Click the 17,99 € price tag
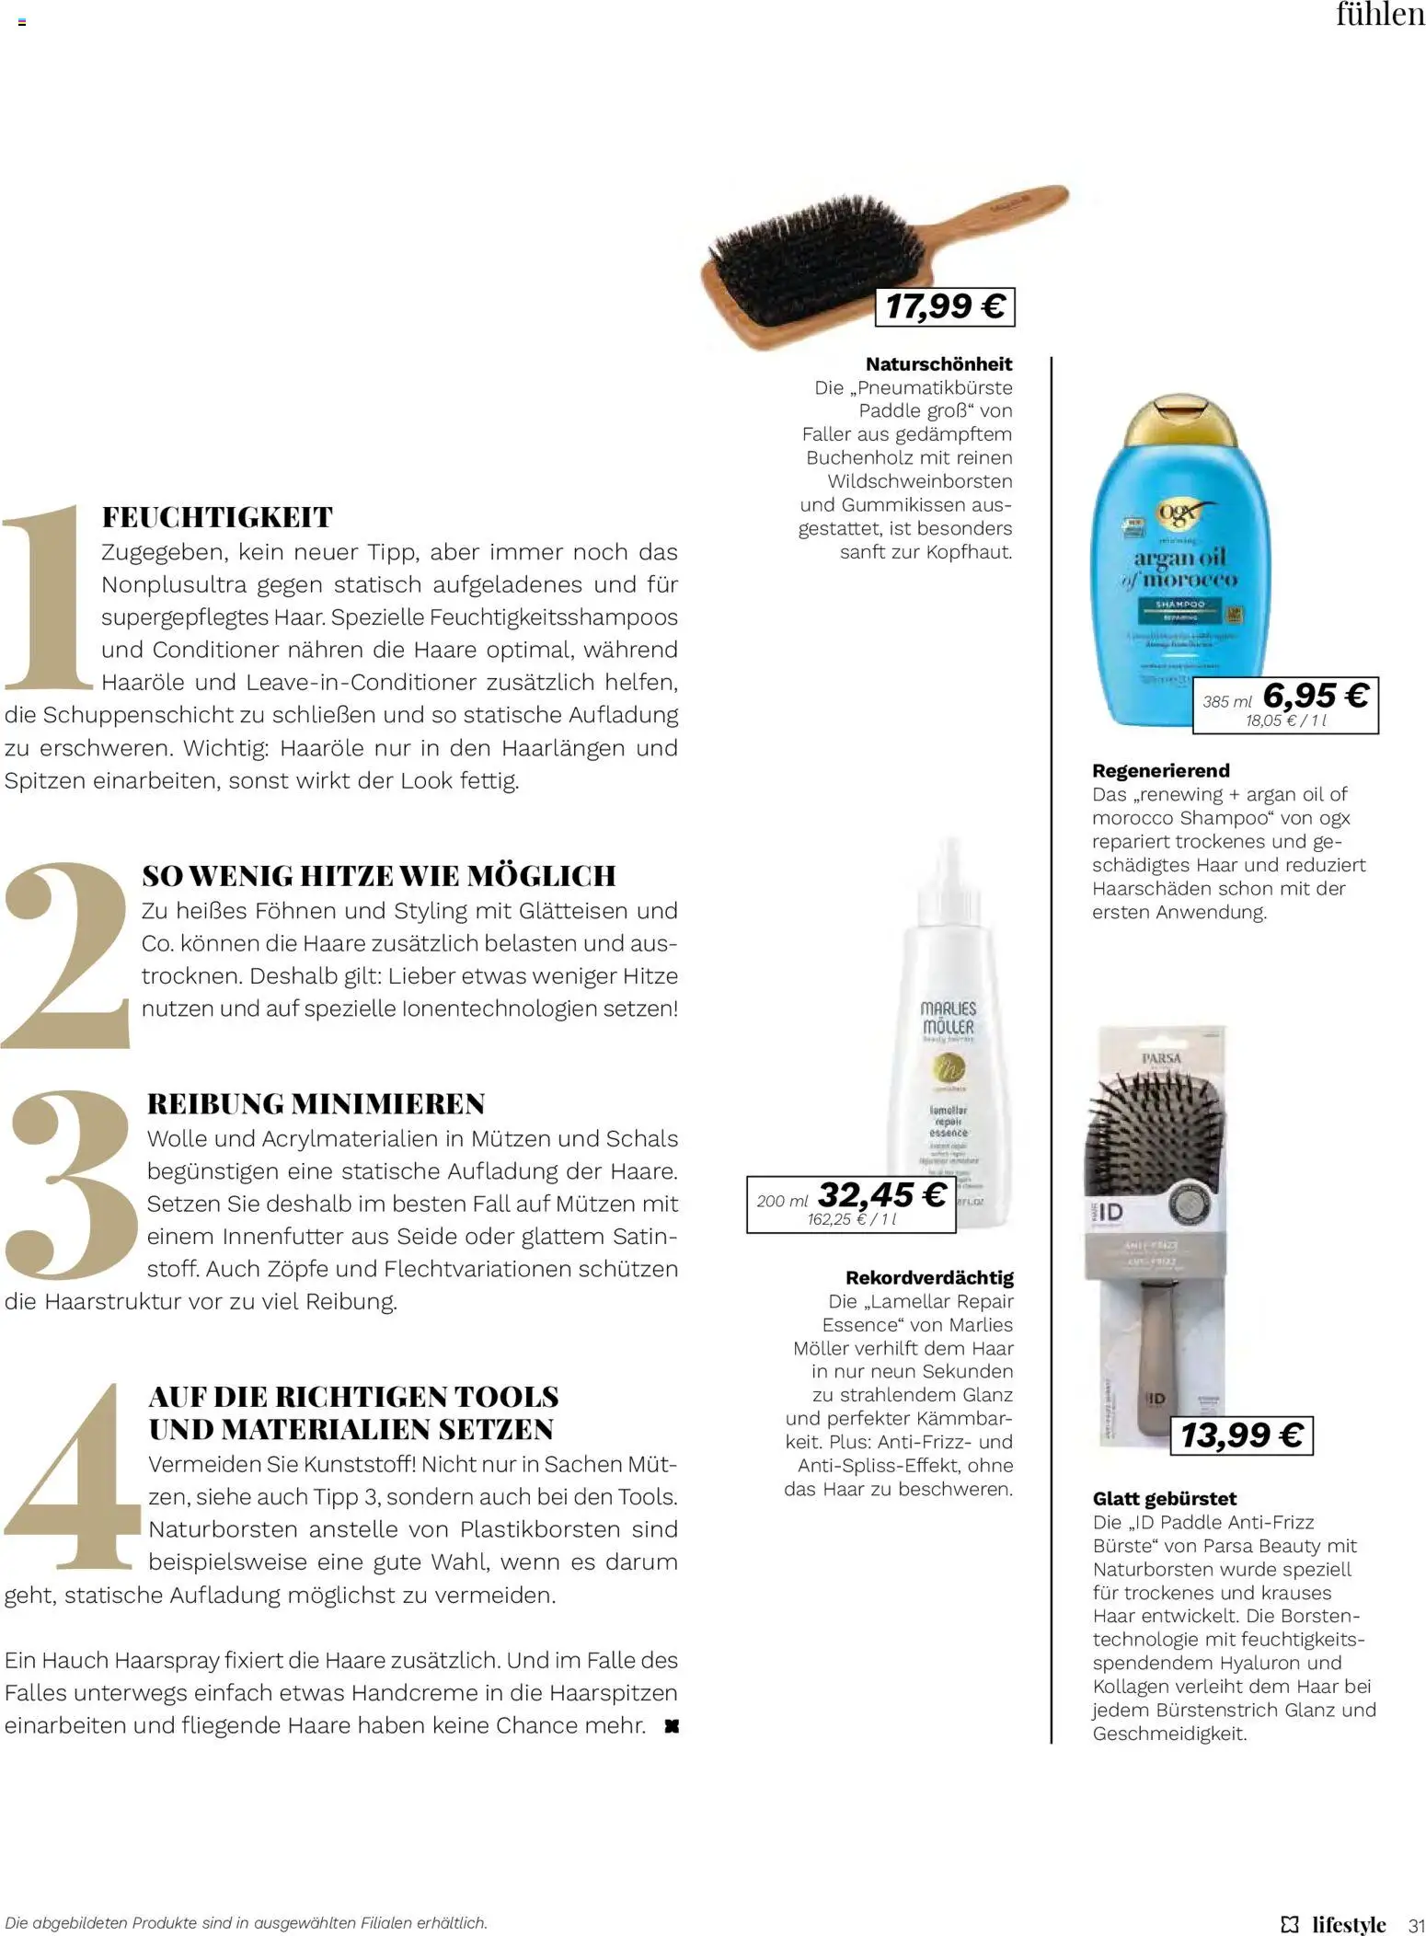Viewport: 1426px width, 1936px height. pos(944,306)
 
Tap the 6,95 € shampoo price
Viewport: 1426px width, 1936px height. pos(1315,696)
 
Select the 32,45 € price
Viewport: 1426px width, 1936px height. pos(881,1195)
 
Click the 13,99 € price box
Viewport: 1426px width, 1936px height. pos(1241,1435)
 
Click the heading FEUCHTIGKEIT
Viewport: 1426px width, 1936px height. pos(217,517)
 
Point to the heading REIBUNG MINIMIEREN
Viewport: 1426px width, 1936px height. pos(316,1103)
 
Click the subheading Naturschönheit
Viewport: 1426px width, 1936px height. pos(938,364)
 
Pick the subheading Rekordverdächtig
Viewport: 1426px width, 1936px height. pos(929,1278)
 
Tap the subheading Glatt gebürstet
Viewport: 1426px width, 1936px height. pos(1164,1499)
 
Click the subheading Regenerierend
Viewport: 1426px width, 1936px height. pos(1160,771)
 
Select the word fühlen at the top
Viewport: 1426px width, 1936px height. pos(1379,16)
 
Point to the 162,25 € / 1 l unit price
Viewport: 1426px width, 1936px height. pos(851,1219)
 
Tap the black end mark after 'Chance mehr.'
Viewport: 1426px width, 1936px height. pos(672,1726)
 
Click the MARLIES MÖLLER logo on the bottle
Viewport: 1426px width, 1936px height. pos(948,1018)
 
